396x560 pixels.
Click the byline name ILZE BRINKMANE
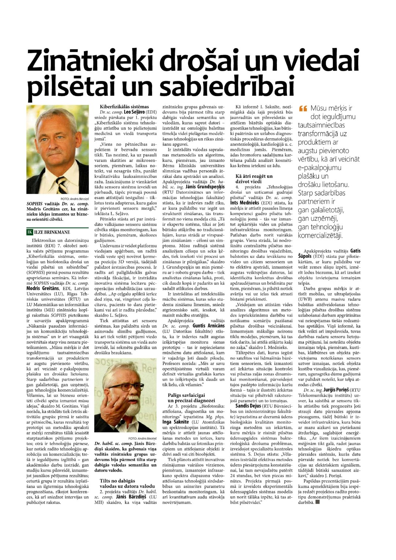52,232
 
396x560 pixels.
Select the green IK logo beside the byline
30,232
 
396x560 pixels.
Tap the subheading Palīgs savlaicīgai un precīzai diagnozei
186,398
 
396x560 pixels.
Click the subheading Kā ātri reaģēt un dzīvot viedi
254,179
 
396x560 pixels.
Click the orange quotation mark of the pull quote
303,109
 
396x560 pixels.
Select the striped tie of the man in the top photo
61,183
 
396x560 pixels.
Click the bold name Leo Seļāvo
135,112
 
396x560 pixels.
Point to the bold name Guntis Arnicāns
208,326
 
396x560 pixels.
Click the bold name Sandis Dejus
248,406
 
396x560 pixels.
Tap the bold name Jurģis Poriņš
336,390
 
